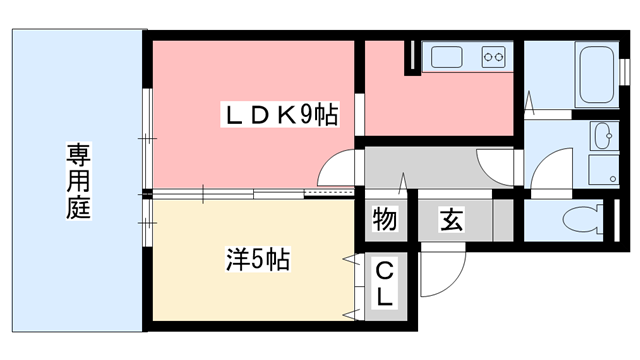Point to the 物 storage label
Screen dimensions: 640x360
(x=382, y=219)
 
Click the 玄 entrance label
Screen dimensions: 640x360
(x=451, y=219)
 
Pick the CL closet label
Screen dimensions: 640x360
(x=383, y=285)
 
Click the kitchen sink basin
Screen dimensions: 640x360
(x=446, y=57)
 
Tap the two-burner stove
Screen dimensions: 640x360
(x=493, y=57)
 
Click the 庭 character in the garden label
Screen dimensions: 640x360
(x=78, y=210)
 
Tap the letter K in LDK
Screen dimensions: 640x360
(x=282, y=116)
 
